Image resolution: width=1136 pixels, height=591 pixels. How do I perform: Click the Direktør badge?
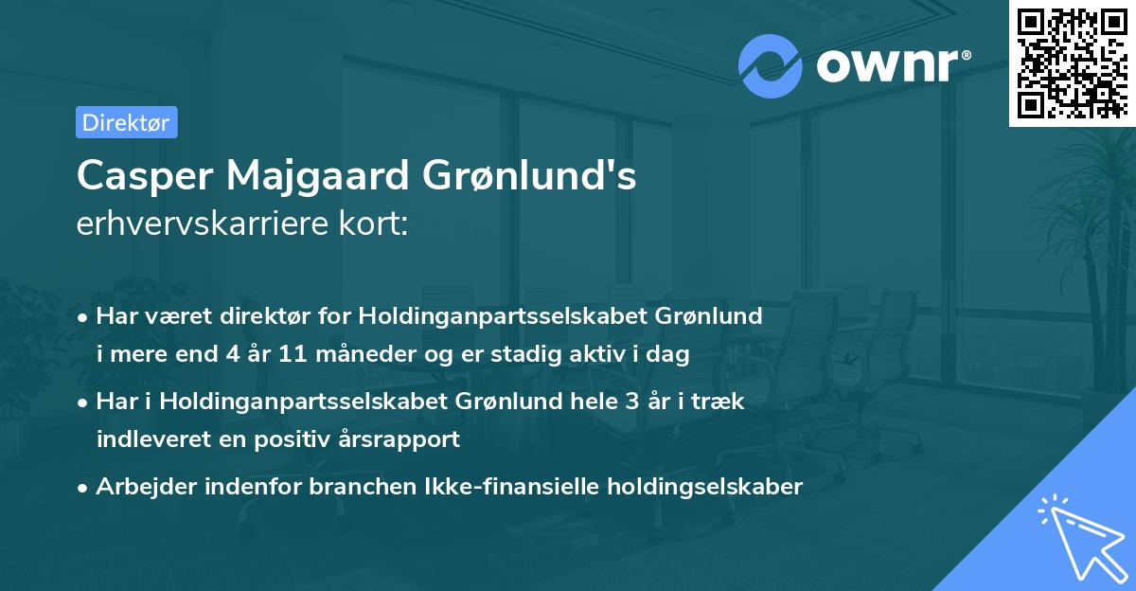click(x=126, y=122)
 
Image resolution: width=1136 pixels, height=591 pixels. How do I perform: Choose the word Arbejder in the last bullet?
click(x=137, y=487)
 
